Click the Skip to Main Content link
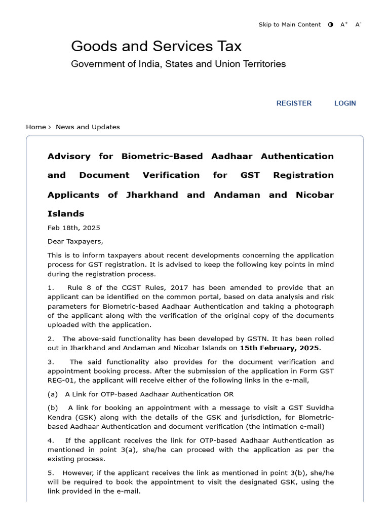click(x=289, y=24)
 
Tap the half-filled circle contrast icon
click(x=331, y=24)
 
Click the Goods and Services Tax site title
click(x=156, y=46)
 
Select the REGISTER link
click(x=294, y=103)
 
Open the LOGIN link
click(x=345, y=103)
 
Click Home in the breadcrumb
click(x=35, y=127)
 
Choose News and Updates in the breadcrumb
click(x=88, y=127)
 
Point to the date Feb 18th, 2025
click(x=73, y=228)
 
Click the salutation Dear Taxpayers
click(x=75, y=241)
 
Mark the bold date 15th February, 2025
click(x=279, y=348)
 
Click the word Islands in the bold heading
click(x=66, y=213)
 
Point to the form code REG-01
click(x=61, y=380)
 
